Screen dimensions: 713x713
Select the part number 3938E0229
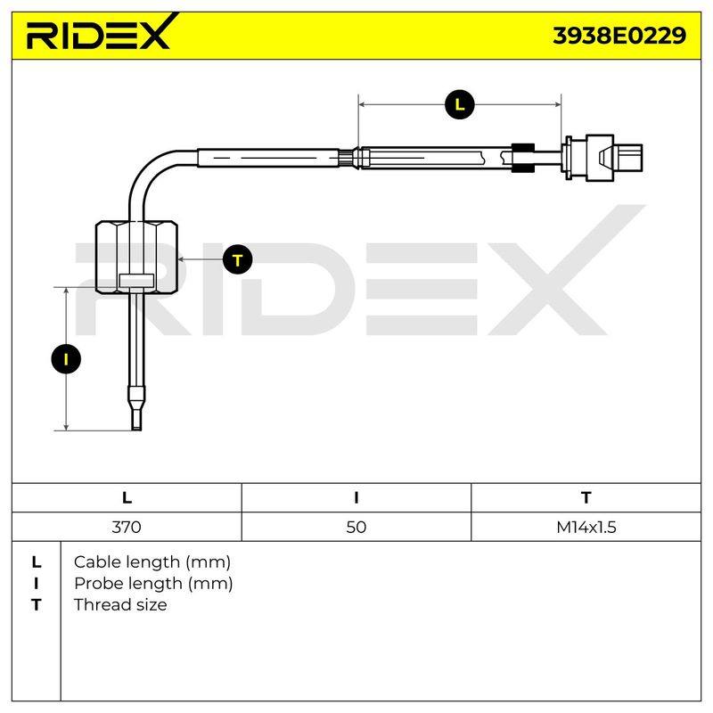tap(619, 36)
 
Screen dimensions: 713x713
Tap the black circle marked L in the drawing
tap(460, 105)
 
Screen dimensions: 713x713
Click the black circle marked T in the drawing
tap(237, 260)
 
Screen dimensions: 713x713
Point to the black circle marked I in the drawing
tap(66, 359)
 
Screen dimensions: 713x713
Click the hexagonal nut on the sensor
tap(136, 257)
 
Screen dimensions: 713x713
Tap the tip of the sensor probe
tap(136, 427)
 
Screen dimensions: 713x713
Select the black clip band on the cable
tap(523, 158)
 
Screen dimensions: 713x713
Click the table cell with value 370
tap(127, 527)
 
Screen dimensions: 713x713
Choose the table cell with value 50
tap(356, 527)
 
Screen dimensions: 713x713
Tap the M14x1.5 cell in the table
tap(586, 527)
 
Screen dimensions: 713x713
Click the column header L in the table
tap(127, 498)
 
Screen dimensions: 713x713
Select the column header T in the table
tap(586, 498)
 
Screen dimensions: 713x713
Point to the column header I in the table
tap(356, 498)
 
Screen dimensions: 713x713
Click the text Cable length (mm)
tap(152, 562)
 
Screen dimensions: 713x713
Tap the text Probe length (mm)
tap(153, 584)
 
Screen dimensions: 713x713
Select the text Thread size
tap(120, 605)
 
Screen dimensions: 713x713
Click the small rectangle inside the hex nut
tap(136, 281)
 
